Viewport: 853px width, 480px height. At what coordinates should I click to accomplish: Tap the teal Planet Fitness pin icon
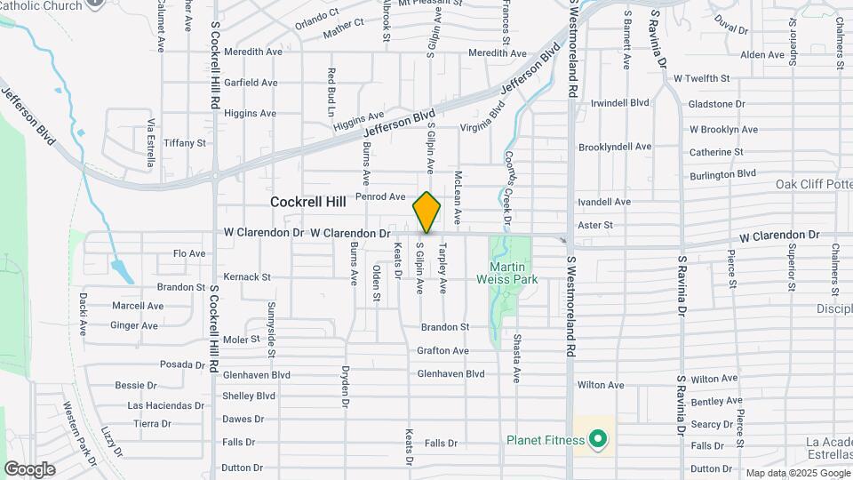[x=598, y=439]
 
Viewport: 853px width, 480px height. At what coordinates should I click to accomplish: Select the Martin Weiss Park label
[x=514, y=273]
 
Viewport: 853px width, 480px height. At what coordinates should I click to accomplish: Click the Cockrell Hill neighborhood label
[x=307, y=202]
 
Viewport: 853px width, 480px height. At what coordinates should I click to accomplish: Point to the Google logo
[x=29, y=469]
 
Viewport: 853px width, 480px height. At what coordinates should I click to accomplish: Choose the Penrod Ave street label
[x=379, y=196]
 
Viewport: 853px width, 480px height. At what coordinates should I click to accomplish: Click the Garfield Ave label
[x=251, y=83]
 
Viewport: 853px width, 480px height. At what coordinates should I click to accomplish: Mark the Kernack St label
[x=247, y=277]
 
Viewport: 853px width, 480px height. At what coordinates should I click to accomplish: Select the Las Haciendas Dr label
[x=165, y=405]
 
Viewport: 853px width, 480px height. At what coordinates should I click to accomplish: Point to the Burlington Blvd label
[x=722, y=173]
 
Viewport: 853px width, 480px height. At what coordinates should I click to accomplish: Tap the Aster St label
[x=595, y=226]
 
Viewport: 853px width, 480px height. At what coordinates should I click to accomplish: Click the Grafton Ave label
[x=442, y=351]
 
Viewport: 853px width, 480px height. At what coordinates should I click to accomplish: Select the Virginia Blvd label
[x=488, y=120]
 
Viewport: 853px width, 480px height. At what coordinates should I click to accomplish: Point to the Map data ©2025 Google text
[x=797, y=473]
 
